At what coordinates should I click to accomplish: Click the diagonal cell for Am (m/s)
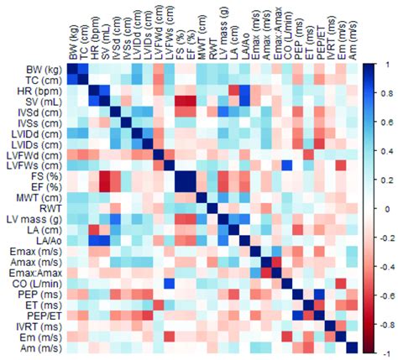[349, 347]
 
